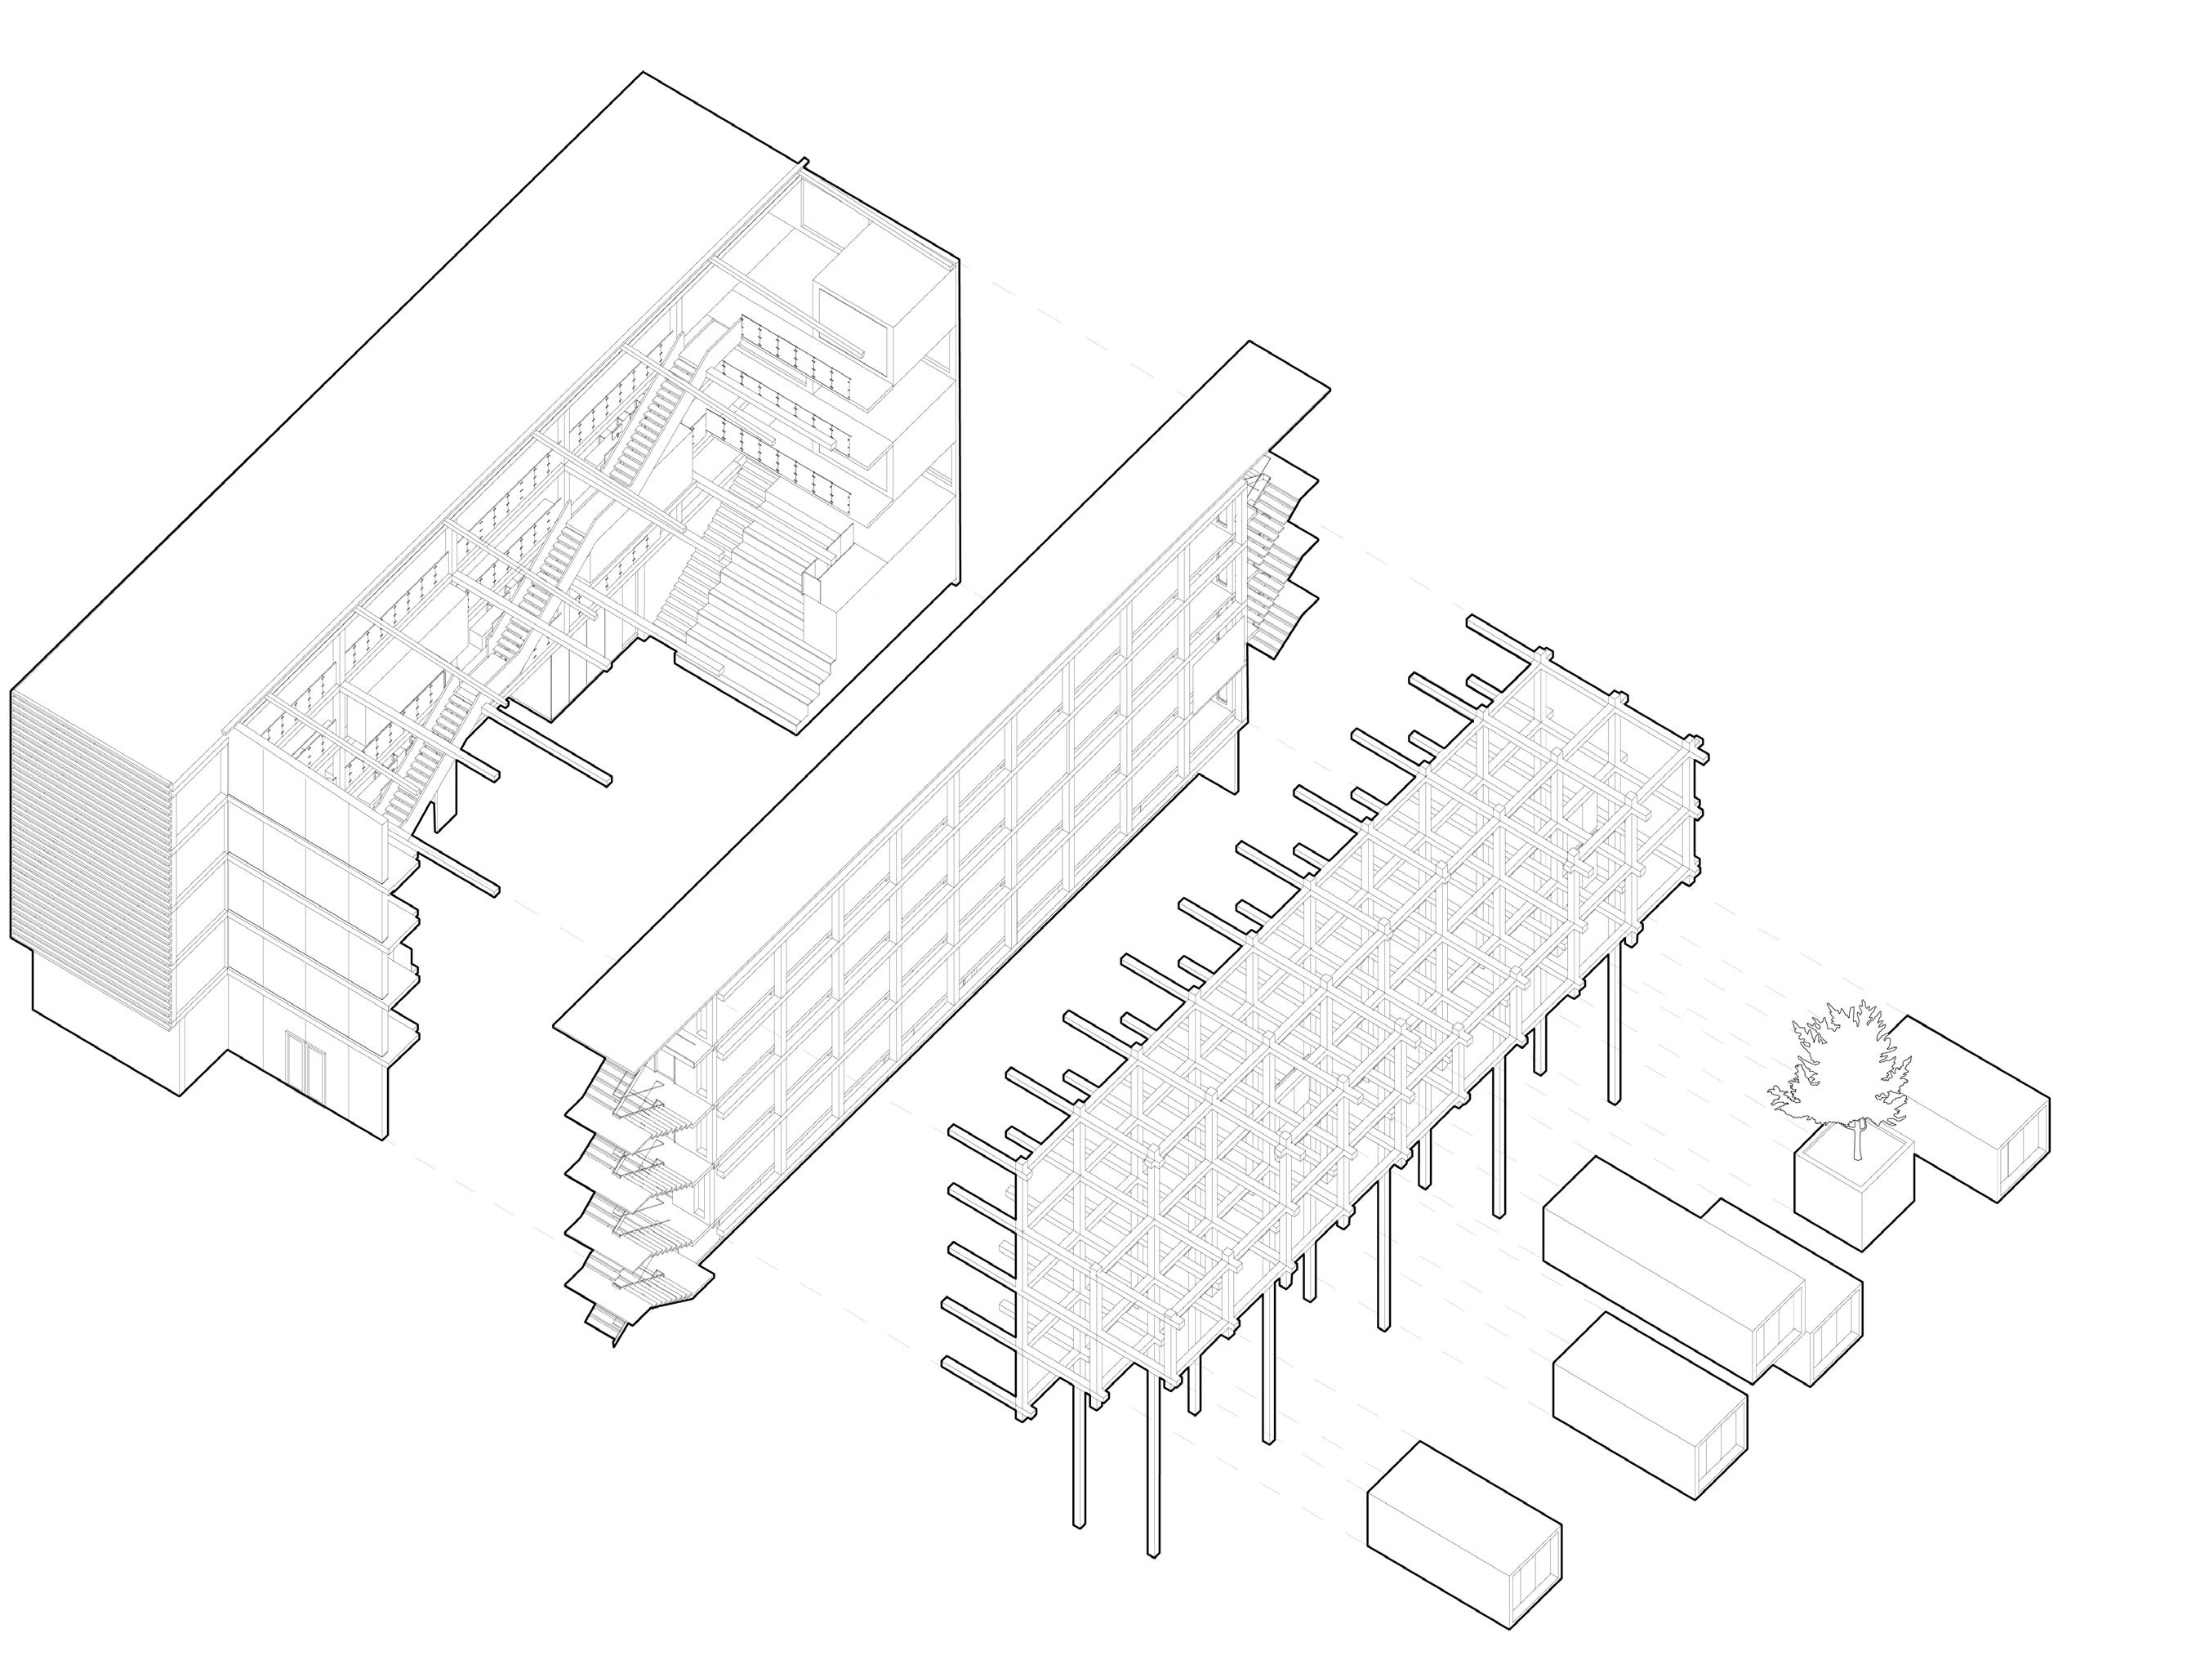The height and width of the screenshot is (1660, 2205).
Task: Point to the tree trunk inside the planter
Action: pos(1856,1140)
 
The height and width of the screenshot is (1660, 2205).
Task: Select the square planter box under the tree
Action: pos(1852,1197)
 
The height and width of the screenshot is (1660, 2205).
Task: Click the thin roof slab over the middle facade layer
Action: pos(937,688)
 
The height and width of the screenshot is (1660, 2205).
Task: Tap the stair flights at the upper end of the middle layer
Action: pos(1281,558)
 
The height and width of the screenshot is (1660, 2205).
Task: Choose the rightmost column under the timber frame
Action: pos(1614,1027)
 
